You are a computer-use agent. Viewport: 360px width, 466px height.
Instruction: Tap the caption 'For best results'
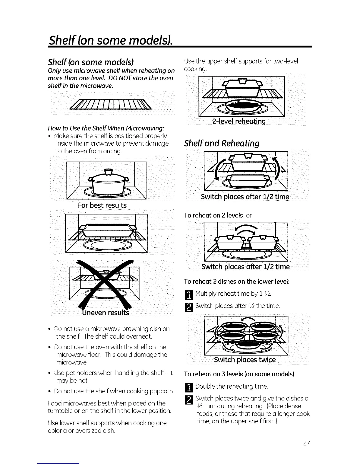(x=102, y=205)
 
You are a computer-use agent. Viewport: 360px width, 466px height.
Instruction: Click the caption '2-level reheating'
(x=239, y=122)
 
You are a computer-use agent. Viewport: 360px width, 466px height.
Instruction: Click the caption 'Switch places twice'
(x=245, y=360)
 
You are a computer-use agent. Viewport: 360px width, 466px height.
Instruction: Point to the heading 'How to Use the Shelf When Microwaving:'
(x=106, y=128)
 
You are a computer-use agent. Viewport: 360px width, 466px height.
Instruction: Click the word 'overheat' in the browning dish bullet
(x=142, y=336)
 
